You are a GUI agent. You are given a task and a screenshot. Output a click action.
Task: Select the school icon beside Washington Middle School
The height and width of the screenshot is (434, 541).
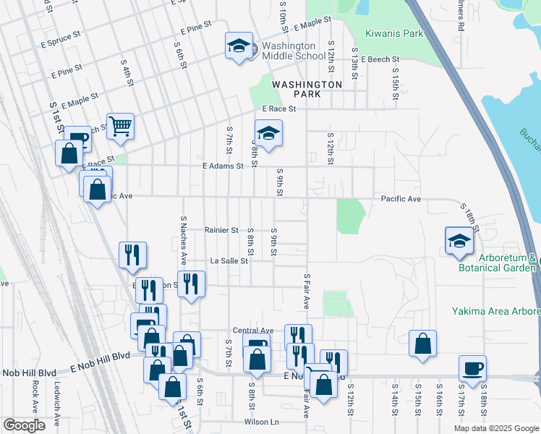point(239,46)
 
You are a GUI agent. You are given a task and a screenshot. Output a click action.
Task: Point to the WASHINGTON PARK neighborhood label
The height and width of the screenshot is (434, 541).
point(307,89)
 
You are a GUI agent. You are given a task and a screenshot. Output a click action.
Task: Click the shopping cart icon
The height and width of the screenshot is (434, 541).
point(120,127)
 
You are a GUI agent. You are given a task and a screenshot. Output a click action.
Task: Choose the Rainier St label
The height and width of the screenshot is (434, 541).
point(221,230)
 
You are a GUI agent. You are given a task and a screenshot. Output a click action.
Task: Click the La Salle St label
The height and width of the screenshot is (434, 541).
point(229,261)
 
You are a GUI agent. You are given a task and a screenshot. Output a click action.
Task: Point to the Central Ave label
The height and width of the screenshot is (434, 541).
point(252,331)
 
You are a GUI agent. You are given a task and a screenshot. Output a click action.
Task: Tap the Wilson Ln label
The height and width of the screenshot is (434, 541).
point(261,422)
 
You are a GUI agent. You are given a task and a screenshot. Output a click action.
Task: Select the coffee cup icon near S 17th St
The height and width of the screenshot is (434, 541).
point(472,368)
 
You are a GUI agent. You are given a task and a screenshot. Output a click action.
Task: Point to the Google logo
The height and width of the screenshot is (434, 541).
point(25,425)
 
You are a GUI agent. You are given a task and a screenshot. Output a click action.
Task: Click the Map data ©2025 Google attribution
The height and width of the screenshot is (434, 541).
point(496,428)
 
